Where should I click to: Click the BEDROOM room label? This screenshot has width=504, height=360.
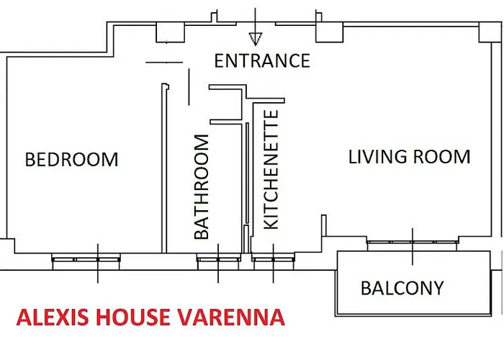[x=71, y=159]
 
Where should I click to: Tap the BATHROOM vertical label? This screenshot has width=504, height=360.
[x=202, y=186]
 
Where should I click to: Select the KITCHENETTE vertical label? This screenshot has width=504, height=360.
[x=271, y=170]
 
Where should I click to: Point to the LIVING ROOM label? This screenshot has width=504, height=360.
[x=409, y=156]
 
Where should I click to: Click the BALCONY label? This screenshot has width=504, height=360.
[x=402, y=289]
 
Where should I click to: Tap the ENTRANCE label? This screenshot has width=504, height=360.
[x=262, y=60]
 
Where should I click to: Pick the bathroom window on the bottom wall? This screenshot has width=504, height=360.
[x=218, y=258]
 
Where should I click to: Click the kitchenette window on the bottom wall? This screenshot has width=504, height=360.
[x=273, y=258]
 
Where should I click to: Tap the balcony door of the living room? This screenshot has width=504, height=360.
[x=412, y=244]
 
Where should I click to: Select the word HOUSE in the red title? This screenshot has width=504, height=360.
[x=129, y=318]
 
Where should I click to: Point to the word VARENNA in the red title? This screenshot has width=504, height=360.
[x=228, y=318]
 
